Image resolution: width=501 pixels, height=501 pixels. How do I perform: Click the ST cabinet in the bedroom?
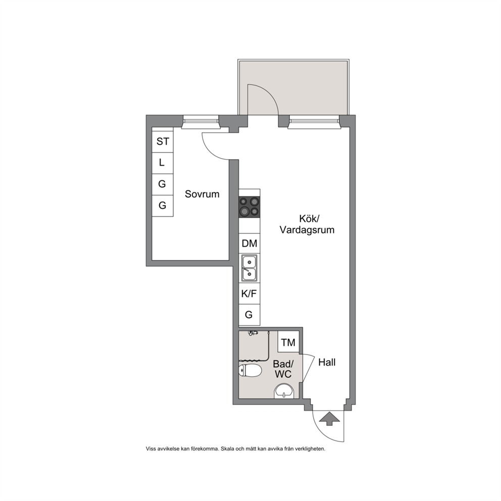pyautogui.click(x=162, y=141)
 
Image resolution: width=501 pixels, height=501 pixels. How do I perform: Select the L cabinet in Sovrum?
pyautogui.click(x=162, y=163)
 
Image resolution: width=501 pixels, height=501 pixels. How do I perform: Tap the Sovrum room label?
pyautogui.click(x=202, y=194)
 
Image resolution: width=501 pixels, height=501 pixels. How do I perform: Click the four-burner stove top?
pyautogui.click(x=249, y=207)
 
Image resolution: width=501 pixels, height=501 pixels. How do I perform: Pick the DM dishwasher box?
pyautogui.click(x=249, y=243)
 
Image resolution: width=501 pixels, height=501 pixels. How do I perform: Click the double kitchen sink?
pyautogui.click(x=249, y=268)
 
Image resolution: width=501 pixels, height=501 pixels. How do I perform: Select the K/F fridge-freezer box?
pyautogui.click(x=249, y=293)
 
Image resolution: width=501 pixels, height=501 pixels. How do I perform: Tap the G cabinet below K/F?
pyautogui.click(x=249, y=315)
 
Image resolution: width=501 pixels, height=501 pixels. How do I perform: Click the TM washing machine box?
pyautogui.click(x=288, y=342)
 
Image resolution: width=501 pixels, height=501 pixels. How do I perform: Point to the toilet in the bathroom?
pyautogui.click(x=250, y=371)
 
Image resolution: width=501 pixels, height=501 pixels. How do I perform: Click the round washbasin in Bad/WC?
pyautogui.click(x=284, y=391)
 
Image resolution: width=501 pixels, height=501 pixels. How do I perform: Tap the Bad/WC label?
pyautogui.click(x=283, y=369)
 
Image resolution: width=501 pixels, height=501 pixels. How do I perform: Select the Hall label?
pyautogui.click(x=327, y=362)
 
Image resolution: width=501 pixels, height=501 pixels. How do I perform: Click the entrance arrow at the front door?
pyautogui.click(x=329, y=419)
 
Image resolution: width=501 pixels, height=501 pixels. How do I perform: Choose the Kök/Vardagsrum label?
pyautogui.click(x=307, y=224)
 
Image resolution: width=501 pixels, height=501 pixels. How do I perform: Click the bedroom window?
pyautogui.click(x=201, y=122)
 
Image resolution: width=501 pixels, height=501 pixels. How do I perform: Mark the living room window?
pyautogui.click(x=314, y=122)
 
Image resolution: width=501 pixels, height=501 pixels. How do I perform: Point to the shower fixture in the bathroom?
pyautogui.click(x=254, y=333)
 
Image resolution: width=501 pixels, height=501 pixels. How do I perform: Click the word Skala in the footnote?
pyautogui.click(x=227, y=448)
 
